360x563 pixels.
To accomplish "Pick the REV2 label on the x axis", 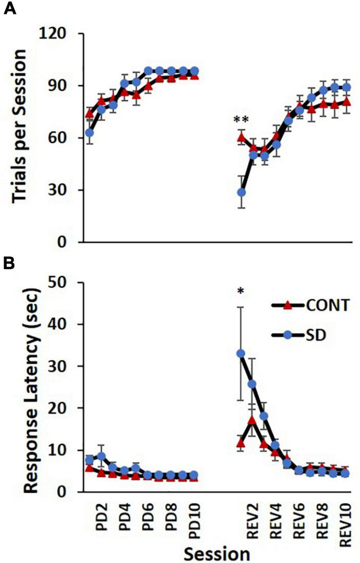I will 253,519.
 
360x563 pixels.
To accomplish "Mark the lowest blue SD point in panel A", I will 241,192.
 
